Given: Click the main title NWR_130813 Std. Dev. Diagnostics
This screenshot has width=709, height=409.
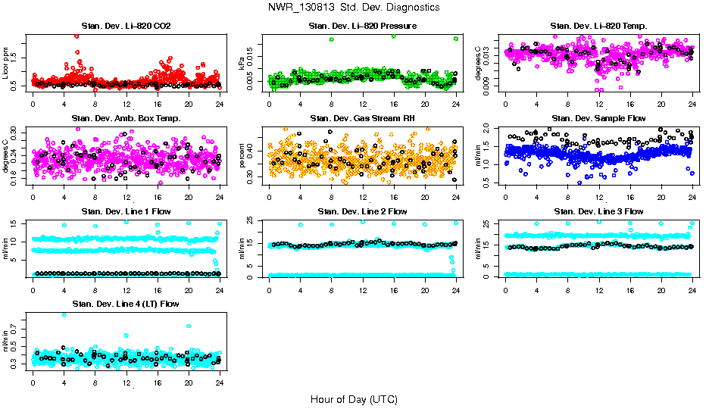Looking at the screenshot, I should tap(354, 8).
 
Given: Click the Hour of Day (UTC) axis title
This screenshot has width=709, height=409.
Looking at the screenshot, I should tap(354, 398).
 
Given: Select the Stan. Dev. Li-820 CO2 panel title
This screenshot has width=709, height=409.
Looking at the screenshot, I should tap(126, 27).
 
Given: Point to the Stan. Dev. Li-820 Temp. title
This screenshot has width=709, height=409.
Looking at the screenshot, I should tap(598, 27).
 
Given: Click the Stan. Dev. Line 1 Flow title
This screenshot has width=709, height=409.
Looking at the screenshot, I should tap(126, 211).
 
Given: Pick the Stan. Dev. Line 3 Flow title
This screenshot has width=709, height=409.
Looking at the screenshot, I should tap(598, 211).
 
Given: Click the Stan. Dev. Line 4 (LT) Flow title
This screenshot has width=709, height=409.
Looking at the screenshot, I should tap(126, 304).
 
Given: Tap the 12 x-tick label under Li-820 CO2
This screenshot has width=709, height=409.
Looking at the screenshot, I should tap(126, 104).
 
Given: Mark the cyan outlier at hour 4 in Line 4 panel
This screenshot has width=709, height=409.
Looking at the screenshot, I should tap(64, 315).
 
